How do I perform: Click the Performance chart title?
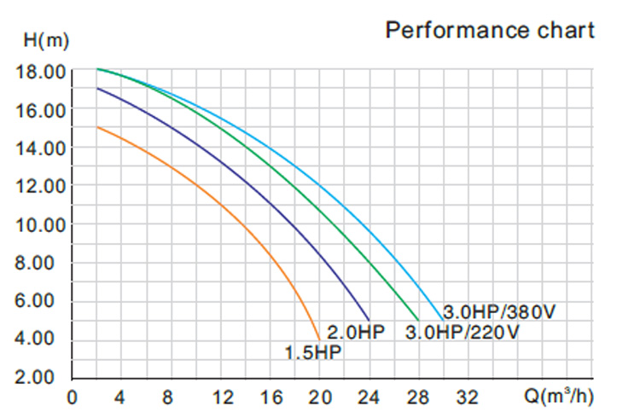pyautogui.click(x=489, y=30)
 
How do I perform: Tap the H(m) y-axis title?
pyautogui.click(x=42, y=38)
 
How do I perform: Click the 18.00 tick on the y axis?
pyautogui.click(x=41, y=72)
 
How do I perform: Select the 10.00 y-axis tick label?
pyautogui.click(x=41, y=225)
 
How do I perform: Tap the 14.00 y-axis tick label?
pyautogui.click(x=41, y=148)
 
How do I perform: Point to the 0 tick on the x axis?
pyautogui.click(x=72, y=398)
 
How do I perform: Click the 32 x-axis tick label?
pyautogui.click(x=467, y=398)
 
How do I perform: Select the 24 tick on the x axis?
pyautogui.click(x=369, y=398)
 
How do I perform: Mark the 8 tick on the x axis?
pyautogui.click(x=167, y=398)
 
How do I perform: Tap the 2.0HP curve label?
pyautogui.click(x=357, y=331)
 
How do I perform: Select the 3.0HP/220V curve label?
pyautogui.click(x=461, y=331)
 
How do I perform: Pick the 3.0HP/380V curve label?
pyautogui.click(x=499, y=311)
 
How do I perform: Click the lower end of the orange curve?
pyautogui.click(x=319, y=339)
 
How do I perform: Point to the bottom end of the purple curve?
pyautogui.click(x=368, y=319)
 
